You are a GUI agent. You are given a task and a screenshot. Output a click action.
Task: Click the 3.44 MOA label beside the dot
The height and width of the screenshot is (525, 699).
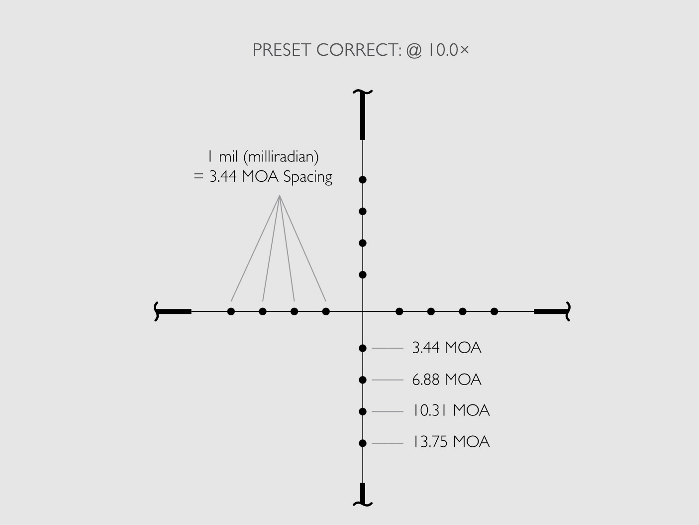tap(446, 348)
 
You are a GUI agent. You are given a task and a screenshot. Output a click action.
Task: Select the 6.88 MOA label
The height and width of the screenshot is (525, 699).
tap(446, 380)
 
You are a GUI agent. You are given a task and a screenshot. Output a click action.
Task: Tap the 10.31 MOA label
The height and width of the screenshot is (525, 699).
tap(451, 411)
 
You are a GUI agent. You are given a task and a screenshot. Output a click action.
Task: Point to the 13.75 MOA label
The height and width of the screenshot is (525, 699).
tap(451, 442)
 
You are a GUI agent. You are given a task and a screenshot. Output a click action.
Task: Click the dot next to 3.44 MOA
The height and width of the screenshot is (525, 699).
tap(363, 348)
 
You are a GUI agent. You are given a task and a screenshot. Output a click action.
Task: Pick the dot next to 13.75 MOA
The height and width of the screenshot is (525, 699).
tap(363, 443)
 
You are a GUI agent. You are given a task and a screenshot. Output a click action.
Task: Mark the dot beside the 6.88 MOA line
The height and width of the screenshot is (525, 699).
tap(363, 380)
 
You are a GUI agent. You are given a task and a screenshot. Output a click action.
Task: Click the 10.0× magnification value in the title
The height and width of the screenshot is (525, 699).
tap(446, 50)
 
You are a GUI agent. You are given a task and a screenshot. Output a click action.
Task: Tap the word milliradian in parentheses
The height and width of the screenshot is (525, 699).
tap(281, 157)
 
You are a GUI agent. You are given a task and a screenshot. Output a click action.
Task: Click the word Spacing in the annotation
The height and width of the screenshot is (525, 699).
tap(307, 177)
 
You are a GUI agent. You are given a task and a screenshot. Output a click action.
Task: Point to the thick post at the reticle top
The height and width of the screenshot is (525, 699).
tap(363, 116)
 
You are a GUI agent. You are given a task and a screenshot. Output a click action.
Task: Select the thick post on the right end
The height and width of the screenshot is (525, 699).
tap(551, 311)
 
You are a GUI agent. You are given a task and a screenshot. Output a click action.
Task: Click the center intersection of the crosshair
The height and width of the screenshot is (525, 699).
tap(363, 311)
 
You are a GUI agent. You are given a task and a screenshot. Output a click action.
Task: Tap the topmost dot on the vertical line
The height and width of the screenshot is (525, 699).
tap(363, 179)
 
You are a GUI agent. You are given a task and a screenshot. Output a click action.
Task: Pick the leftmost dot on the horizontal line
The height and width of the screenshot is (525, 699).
tap(231, 311)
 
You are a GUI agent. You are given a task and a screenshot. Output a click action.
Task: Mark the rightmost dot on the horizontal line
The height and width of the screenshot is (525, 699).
tap(494, 311)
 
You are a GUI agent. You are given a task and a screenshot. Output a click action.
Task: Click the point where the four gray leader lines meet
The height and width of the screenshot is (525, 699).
tap(280, 196)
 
